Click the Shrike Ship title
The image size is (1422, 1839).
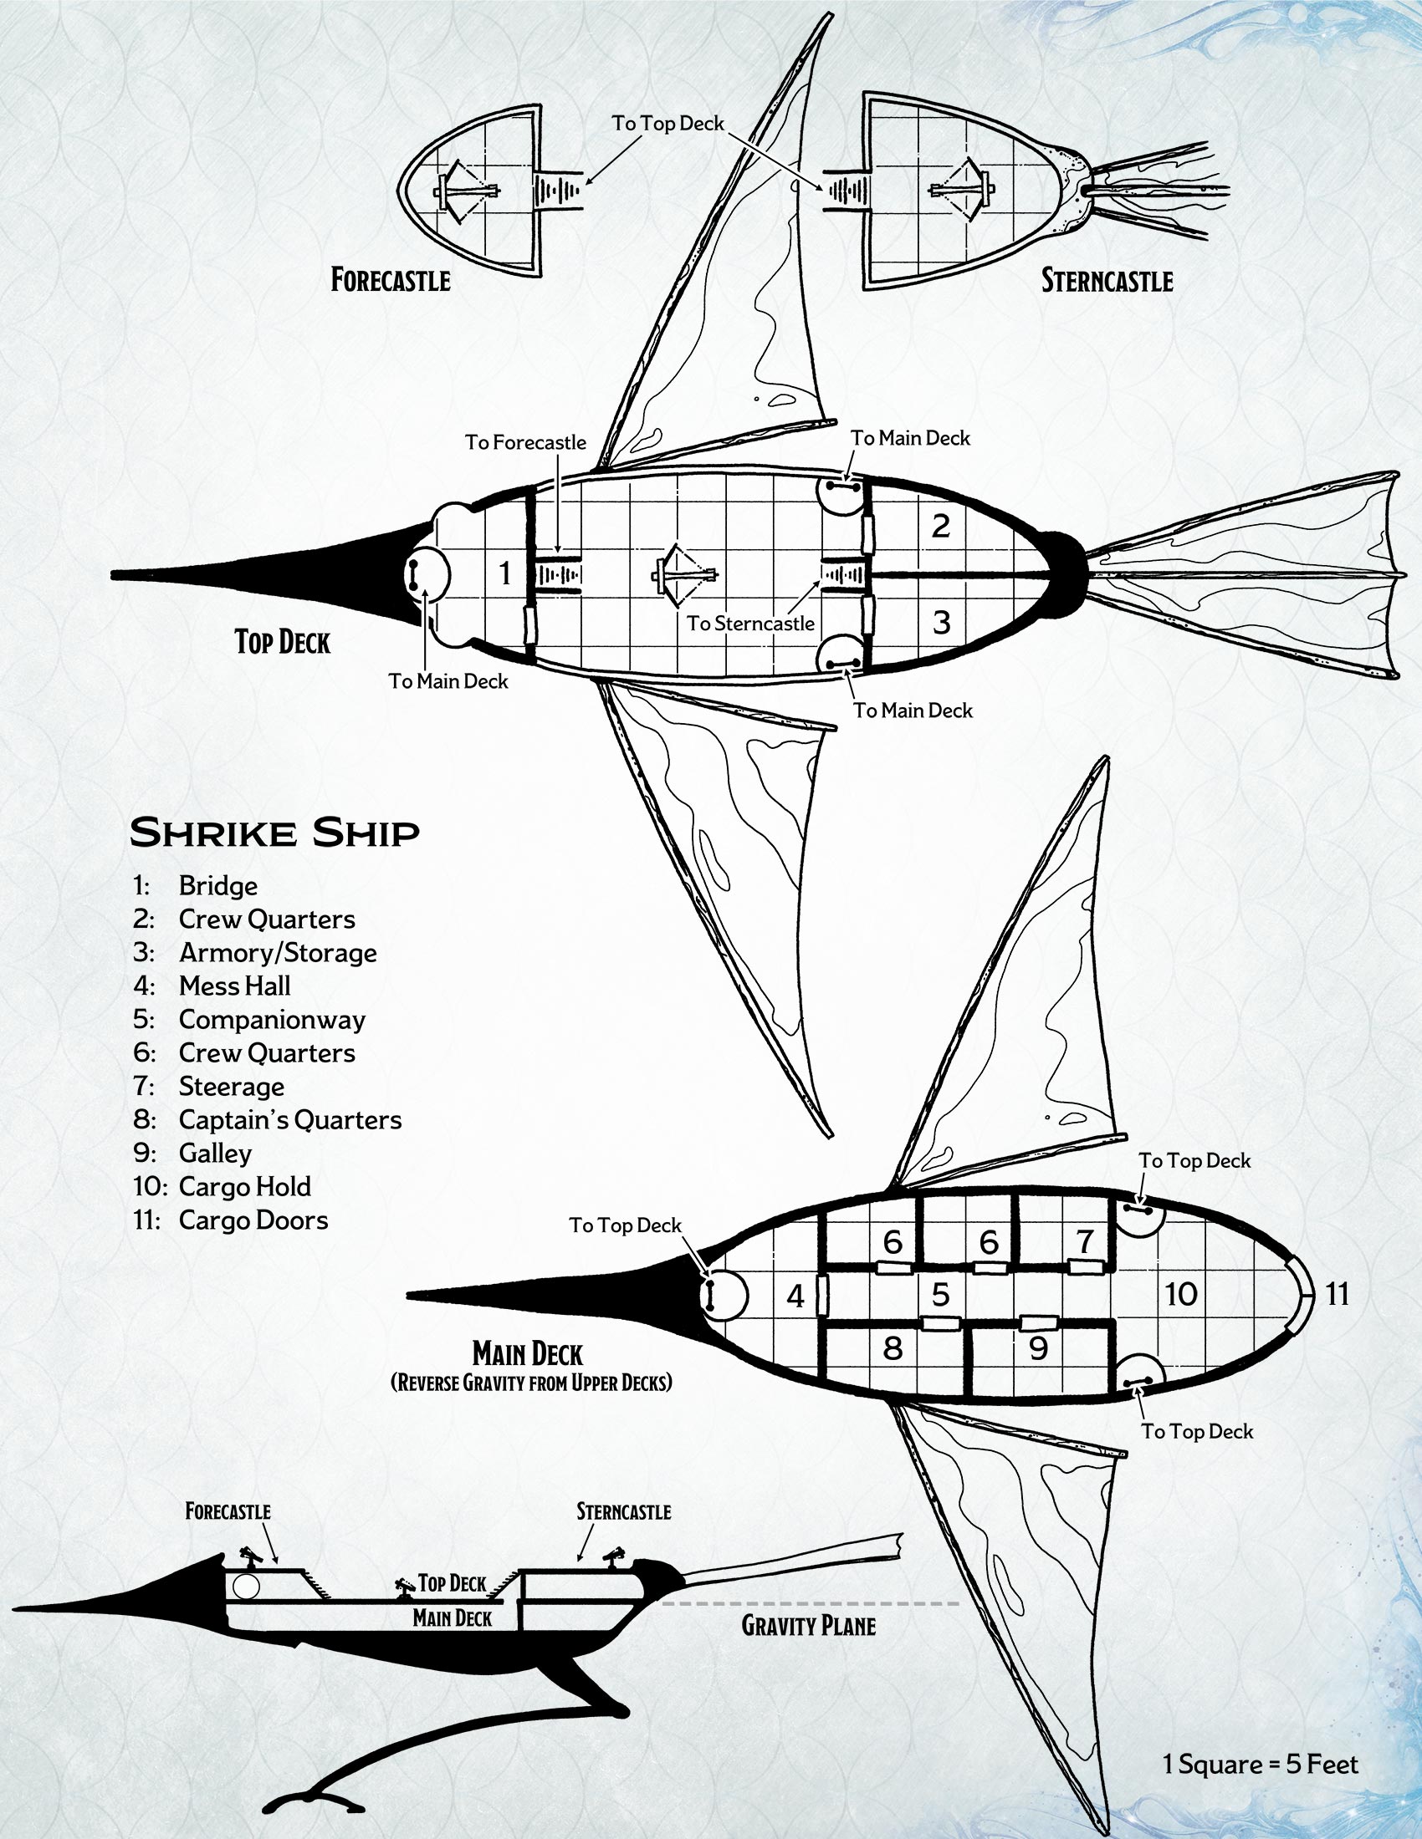pos(274,833)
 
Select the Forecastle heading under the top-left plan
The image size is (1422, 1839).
pos(390,280)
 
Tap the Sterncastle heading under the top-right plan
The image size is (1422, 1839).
pos(1107,280)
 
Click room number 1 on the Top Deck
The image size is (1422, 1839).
pos(504,573)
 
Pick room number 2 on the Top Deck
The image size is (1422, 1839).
pos(941,527)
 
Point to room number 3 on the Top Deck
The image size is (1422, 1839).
pos(941,622)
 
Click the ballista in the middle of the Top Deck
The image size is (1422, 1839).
pos(684,575)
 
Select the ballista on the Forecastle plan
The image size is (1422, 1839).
pos(465,191)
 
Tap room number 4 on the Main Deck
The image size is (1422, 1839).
pos(795,1296)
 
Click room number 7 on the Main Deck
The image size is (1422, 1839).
pos(1085,1241)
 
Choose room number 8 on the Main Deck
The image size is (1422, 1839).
pos(893,1349)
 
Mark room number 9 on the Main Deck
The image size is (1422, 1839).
pos(1038,1349)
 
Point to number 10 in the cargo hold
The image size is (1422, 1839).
pos(1181,1294)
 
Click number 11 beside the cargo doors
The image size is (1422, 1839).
pos(1338,1293)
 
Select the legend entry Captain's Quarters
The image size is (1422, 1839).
pos(289,1120)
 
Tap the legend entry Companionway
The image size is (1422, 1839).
pos(271,1020)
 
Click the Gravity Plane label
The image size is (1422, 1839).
pos(808,1626)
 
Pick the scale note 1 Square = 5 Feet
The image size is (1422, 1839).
pos(1261,1764)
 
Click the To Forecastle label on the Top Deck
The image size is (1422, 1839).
pos(524,442)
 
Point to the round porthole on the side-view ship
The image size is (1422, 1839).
pos(245,1587)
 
